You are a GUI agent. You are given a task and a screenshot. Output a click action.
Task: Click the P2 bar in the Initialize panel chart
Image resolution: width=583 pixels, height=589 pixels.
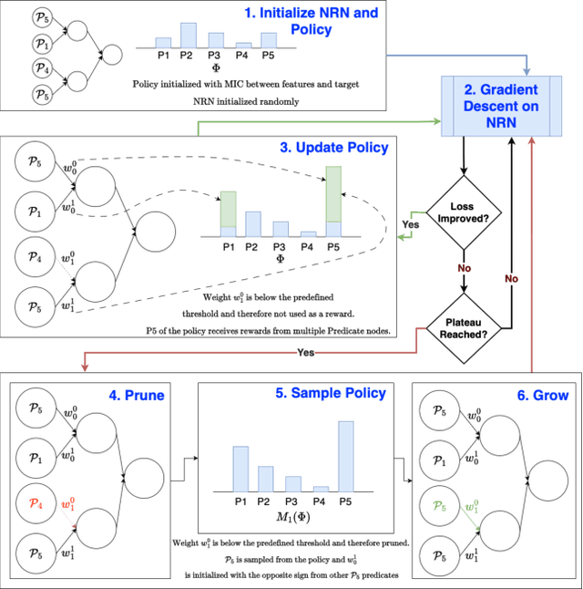pyautogui.click(x=188, y=36)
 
